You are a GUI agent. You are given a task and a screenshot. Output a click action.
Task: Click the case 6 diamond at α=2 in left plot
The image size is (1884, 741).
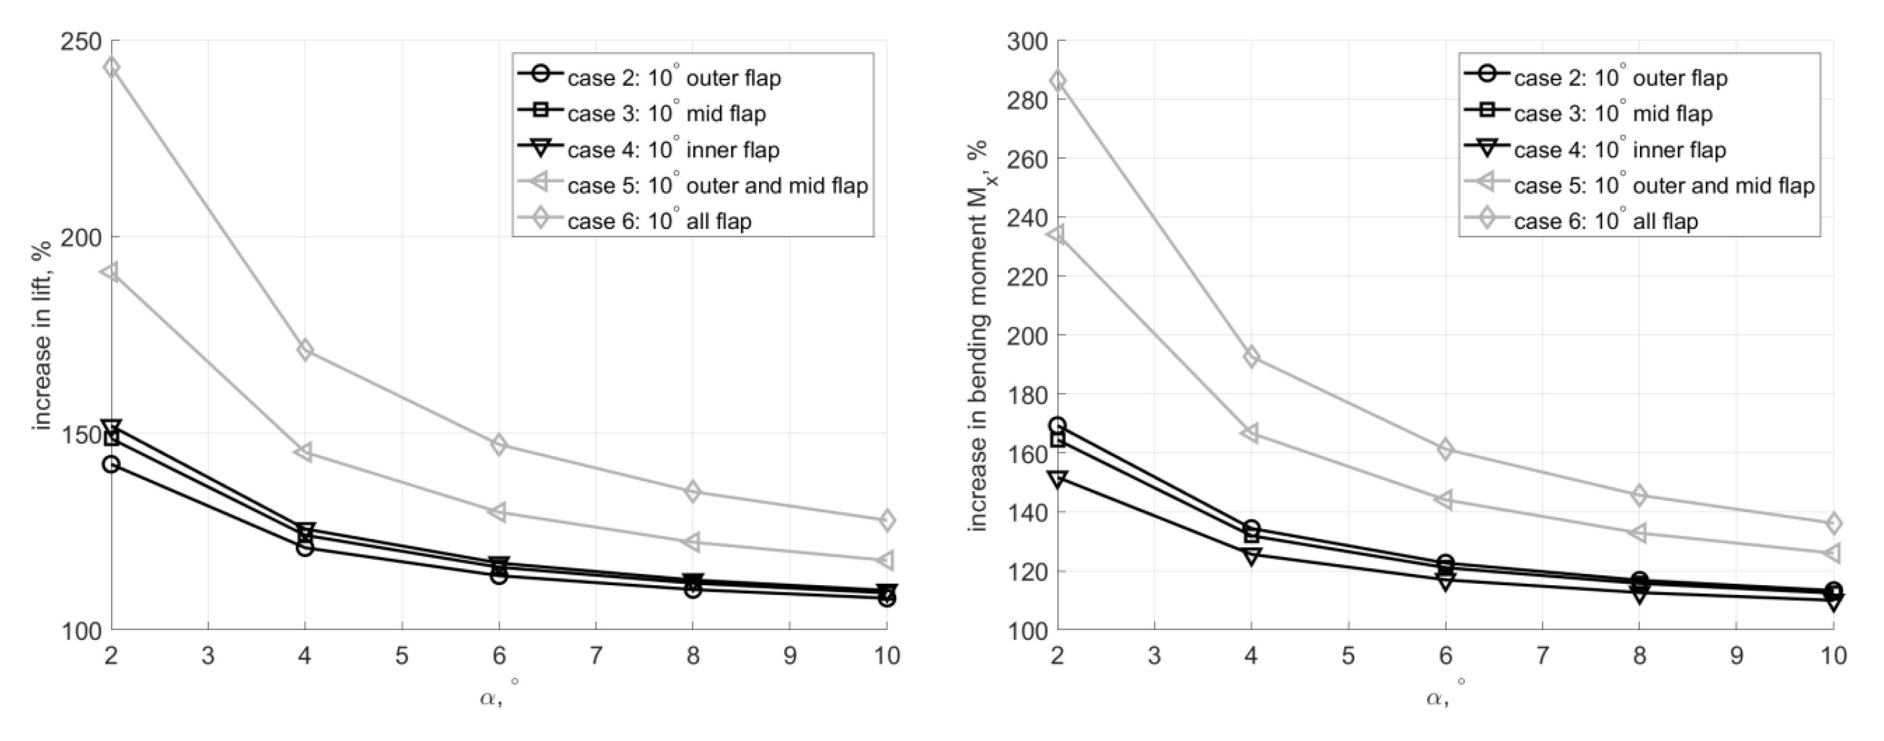coord(111,67)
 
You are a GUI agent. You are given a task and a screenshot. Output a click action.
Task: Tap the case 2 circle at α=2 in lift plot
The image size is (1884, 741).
coord(111,464)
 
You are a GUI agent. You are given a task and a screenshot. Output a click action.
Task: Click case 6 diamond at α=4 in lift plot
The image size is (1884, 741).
coord(305,350)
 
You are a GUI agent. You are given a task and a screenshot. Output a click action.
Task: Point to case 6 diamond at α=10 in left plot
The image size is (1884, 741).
coord(886,520)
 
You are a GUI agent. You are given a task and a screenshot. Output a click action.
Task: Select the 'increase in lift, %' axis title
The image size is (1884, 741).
coord(43,335)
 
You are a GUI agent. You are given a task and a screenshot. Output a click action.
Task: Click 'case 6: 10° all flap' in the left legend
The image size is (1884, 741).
coord(659,221)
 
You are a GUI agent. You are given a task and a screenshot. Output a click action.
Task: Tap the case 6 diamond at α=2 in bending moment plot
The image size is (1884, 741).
coord(1058,81)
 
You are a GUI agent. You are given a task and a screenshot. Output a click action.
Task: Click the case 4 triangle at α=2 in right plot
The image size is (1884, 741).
coord(1058,478)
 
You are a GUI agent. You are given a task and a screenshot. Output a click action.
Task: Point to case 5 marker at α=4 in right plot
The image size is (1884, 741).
coord(1251,433)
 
